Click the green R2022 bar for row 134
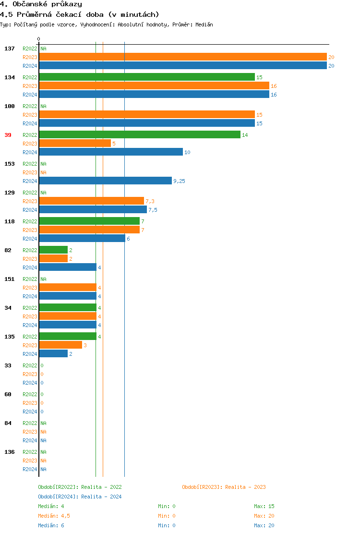(x=147, y=77)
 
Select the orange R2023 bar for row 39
(x=75, y=143)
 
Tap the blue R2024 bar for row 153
(x=105, y=181)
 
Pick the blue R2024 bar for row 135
(x=53, y=353)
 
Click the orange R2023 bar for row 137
(x=183, y=57)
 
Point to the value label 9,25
(x=179, y=181)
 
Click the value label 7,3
(x=150, y=201)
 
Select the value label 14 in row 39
(x=245, y=135)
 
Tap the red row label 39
(x=8, y=135)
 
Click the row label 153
(x=10, y=164)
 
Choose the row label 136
(x=10, y=452)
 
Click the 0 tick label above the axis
(x=39, y=39)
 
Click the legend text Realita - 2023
(x=245, y=487)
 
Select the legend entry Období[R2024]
(x=58, y=497)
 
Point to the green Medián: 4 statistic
(x=51, y=506)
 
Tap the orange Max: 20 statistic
(x=264, y=516)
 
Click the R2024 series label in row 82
(x=30, y=267)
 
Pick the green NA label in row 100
(x=43, y=106)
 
